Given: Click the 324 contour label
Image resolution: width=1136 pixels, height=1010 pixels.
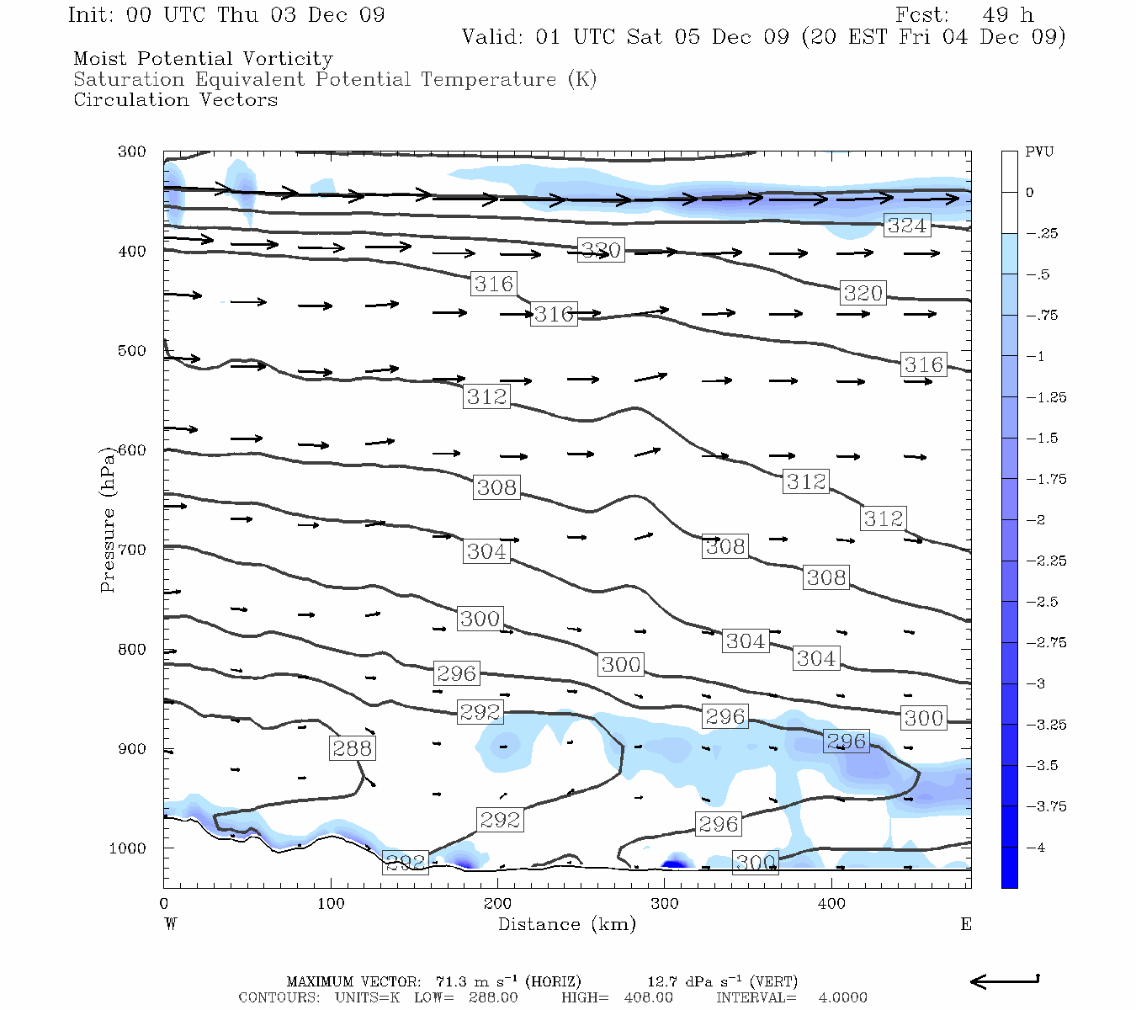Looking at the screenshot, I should click(907, 226).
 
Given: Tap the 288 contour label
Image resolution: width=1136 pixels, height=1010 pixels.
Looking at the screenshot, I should click(352, 748).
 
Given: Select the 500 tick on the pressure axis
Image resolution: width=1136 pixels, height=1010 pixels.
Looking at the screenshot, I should click(132, 351).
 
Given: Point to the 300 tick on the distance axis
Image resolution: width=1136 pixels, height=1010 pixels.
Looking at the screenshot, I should click(665, 904).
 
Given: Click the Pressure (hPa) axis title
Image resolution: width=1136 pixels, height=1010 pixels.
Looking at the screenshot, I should click(108, 519).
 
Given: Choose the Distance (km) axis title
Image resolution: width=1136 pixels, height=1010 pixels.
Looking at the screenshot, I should click(566, 924).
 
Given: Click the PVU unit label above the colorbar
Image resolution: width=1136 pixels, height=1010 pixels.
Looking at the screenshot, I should click(1039, 152).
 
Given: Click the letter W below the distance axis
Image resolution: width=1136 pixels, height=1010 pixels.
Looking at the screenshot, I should click(171, 924).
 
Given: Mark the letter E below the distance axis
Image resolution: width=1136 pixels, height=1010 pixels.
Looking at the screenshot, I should click(966, 924).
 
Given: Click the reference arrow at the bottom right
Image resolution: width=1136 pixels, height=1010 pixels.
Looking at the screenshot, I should click(1005, 981).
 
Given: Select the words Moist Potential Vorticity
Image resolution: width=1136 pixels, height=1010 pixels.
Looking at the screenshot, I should click(203, 59).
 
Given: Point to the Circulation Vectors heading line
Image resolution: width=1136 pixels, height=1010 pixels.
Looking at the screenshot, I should click(175, 100).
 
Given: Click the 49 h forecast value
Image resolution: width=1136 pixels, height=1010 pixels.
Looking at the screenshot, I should click(1007, 15).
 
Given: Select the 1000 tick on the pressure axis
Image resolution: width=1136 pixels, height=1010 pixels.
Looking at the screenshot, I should click(128, 848).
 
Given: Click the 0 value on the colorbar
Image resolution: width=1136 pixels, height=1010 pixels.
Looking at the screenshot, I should click(1030, 193).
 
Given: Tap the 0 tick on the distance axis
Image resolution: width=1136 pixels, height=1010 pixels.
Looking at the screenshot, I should click(164, 904).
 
